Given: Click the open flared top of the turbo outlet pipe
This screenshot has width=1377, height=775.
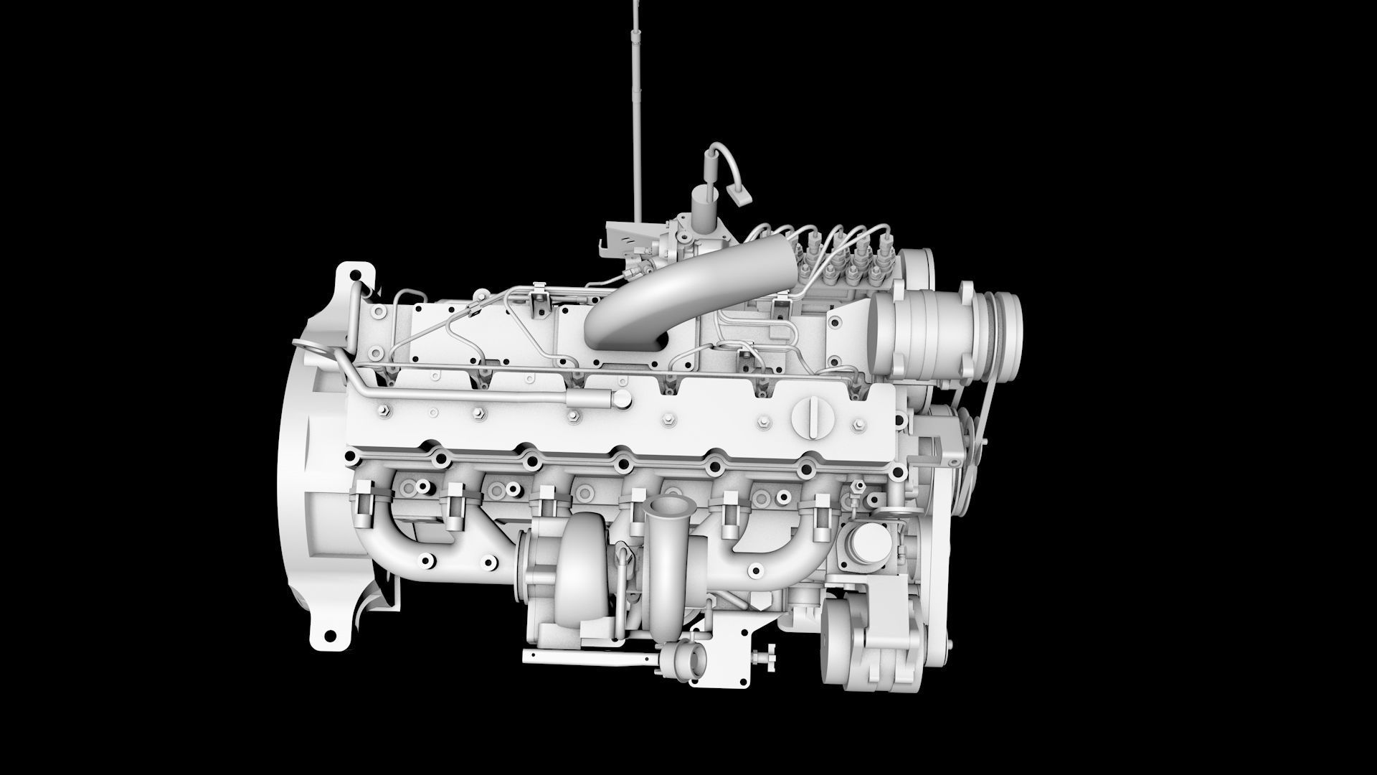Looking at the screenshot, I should point(666,508).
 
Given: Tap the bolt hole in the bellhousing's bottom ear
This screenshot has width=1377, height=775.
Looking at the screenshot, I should point(331,636).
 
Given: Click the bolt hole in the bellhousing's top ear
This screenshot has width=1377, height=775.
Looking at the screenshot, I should point(356,274).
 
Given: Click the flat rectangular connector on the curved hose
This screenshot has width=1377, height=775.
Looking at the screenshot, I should point(739,193).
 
